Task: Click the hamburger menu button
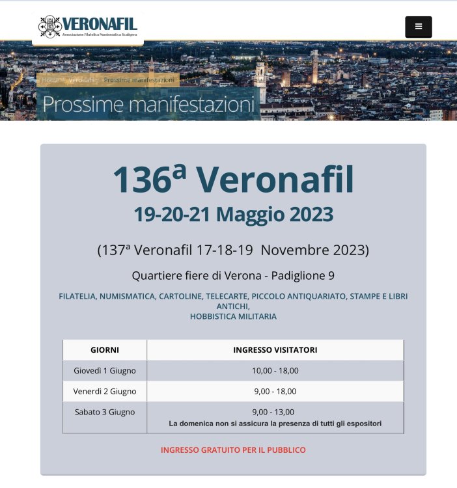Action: (x=418, y=27)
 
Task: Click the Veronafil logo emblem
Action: (x=50, y=27)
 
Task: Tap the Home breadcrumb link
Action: (x=50, y=80)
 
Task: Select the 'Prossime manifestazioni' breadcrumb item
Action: (x=139, y=80)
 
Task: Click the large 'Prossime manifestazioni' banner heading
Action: (x=148, y=104)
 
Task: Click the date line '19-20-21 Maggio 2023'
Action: (x=233, y=214)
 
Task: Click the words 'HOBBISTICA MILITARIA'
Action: (x=233, y=316)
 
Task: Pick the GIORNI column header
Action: (x=105, y=350)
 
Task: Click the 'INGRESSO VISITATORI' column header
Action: (x=275, y=350)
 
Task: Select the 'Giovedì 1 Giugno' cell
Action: (x=105, y=371)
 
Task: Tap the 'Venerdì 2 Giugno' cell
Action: (x=105, y=391)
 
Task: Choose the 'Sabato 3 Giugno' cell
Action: (x=105, y=412)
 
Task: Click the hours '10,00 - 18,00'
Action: (x=275, y=371)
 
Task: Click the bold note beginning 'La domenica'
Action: (x=275, y=424)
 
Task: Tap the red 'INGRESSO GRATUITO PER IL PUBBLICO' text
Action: (x=233, y=450)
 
